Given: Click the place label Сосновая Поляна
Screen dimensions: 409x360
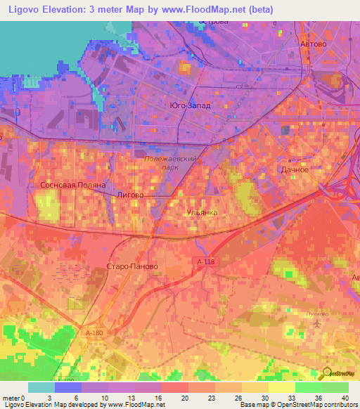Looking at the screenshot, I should coord(68,185).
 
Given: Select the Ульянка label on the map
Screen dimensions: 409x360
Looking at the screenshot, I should coord(202,212).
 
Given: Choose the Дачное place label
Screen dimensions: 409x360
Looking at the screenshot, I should coord(295,170).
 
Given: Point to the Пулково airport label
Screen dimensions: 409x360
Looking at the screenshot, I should coord(316,314).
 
